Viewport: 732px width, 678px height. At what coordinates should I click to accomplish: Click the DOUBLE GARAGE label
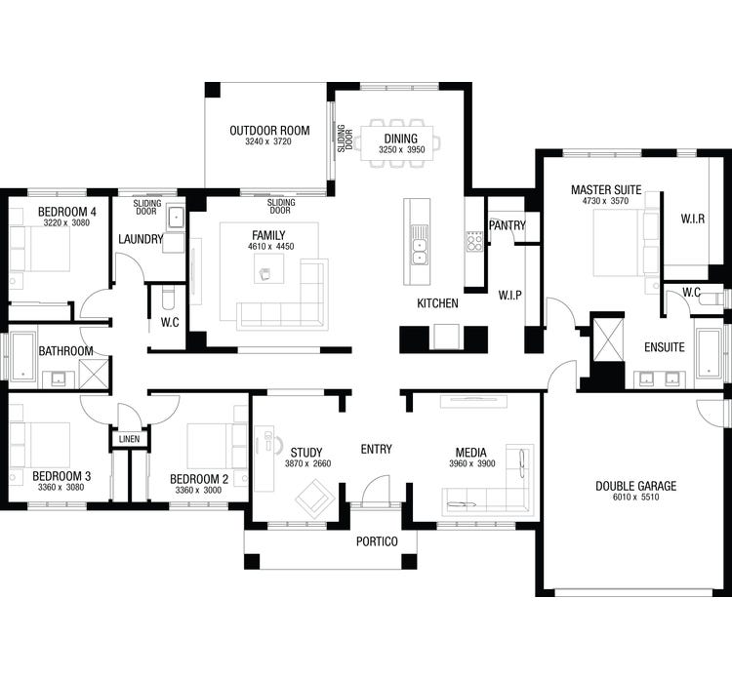(635, 486)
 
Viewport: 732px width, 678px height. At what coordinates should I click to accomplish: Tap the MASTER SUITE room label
(606, 188)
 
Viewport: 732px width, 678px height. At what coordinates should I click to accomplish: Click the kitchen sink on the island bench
(419, 245)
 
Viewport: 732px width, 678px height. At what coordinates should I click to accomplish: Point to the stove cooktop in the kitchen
(474, 241)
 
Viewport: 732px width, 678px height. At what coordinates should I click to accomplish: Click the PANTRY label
(508, 225)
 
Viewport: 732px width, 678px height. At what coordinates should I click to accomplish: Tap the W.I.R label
(693, 219)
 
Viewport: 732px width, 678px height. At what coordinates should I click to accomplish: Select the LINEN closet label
(130, 440)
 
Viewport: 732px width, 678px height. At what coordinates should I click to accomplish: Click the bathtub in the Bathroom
(22, 361)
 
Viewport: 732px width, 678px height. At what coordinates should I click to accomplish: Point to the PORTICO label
(376, 540)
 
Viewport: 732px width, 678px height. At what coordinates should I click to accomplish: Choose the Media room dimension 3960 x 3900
(471, 463)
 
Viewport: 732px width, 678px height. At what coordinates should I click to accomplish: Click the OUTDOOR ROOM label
(269, 131)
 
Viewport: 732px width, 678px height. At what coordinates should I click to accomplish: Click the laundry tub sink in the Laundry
(175, 217)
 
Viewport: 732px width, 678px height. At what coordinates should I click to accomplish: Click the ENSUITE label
(665, 346)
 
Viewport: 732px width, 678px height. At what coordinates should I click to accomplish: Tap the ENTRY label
(376, 449)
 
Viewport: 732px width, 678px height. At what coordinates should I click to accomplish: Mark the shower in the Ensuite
(607, 336)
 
